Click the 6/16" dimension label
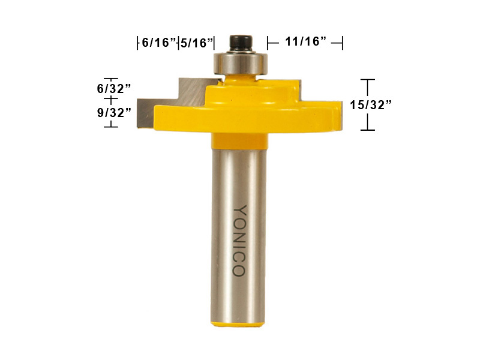tap(160, 42)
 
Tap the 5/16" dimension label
tap(197, 43)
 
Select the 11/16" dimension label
tap(306, 41)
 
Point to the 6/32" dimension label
tap(114, 89)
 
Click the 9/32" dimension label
tap(114, 113)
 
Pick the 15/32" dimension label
tap(371, 105)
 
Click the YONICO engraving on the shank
tap(239, 241)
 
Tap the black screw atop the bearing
tap(241, 43)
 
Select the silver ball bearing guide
tap(241, 64)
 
